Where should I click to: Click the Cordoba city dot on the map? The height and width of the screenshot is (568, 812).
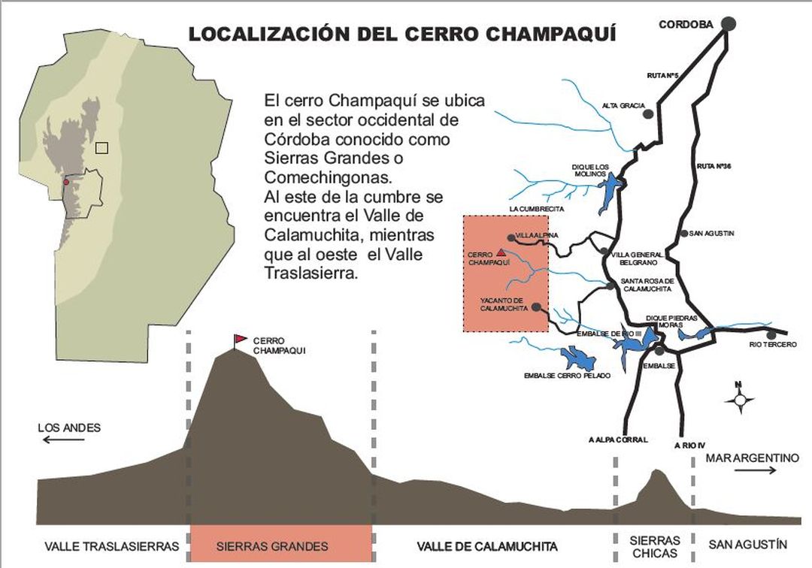728,24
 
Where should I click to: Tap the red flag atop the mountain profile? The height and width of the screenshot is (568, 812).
240,339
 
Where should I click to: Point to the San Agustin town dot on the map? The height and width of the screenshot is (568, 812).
684,234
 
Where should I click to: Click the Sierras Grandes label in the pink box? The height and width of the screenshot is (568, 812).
272,546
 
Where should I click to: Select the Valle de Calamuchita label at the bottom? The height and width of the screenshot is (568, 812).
487,546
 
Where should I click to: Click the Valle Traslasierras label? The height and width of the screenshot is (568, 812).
112,546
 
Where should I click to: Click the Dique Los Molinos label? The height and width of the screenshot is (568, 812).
589,170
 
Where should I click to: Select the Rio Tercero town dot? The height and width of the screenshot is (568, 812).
770,334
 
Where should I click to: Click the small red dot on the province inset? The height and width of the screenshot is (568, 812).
66,182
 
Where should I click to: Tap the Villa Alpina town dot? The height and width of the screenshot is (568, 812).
511,237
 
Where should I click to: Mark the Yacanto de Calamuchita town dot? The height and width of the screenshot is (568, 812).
535,307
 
